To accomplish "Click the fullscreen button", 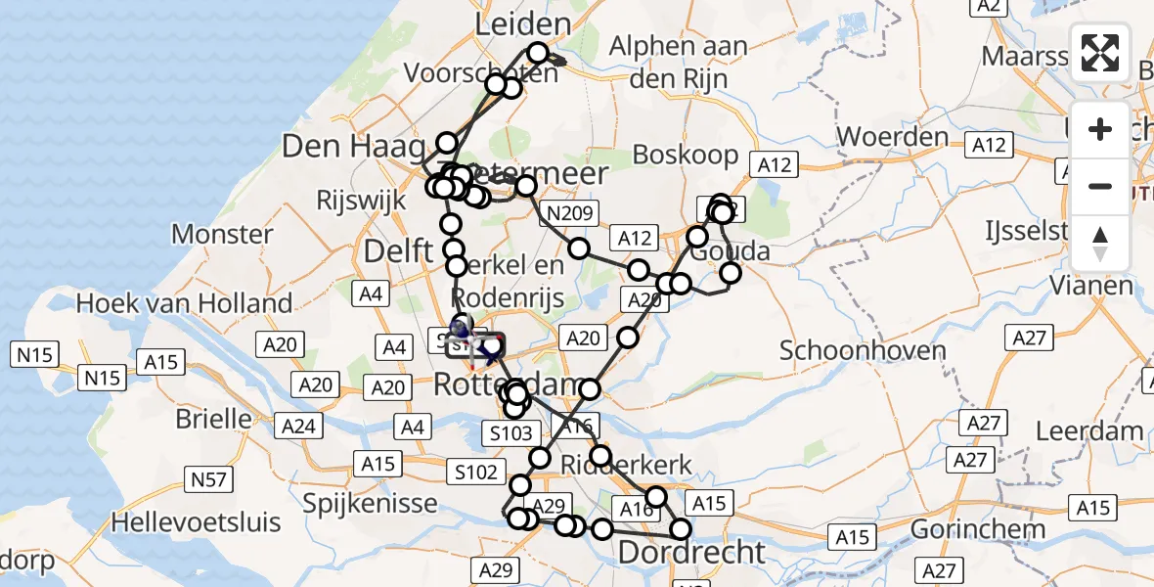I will click(x=1100, y=53).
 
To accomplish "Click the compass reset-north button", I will click(x=1100, y=244).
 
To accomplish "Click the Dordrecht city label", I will click(x=691, y=552).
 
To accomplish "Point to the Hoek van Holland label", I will click(x=185, y=303).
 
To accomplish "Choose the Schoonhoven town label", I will click(x=849, y=350).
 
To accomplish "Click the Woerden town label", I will click(x=893, y=136).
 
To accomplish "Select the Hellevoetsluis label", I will click(x=196, y=521).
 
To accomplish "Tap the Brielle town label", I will click(x=213, y=419).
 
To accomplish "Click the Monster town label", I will click(x=222, y=234).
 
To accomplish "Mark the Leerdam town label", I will click(x=1088, y=430).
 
